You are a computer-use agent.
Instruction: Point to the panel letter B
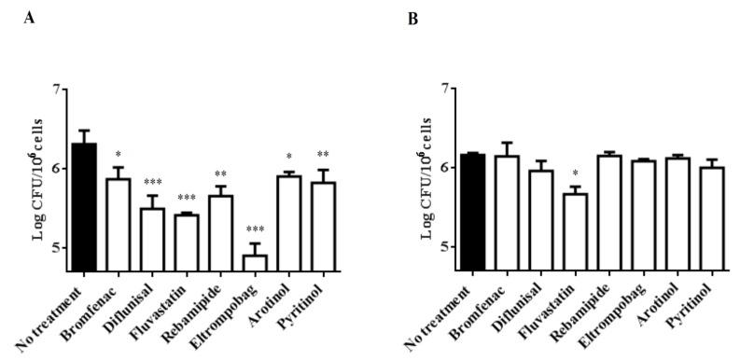414,17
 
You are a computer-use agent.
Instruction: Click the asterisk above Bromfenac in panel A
118,155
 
